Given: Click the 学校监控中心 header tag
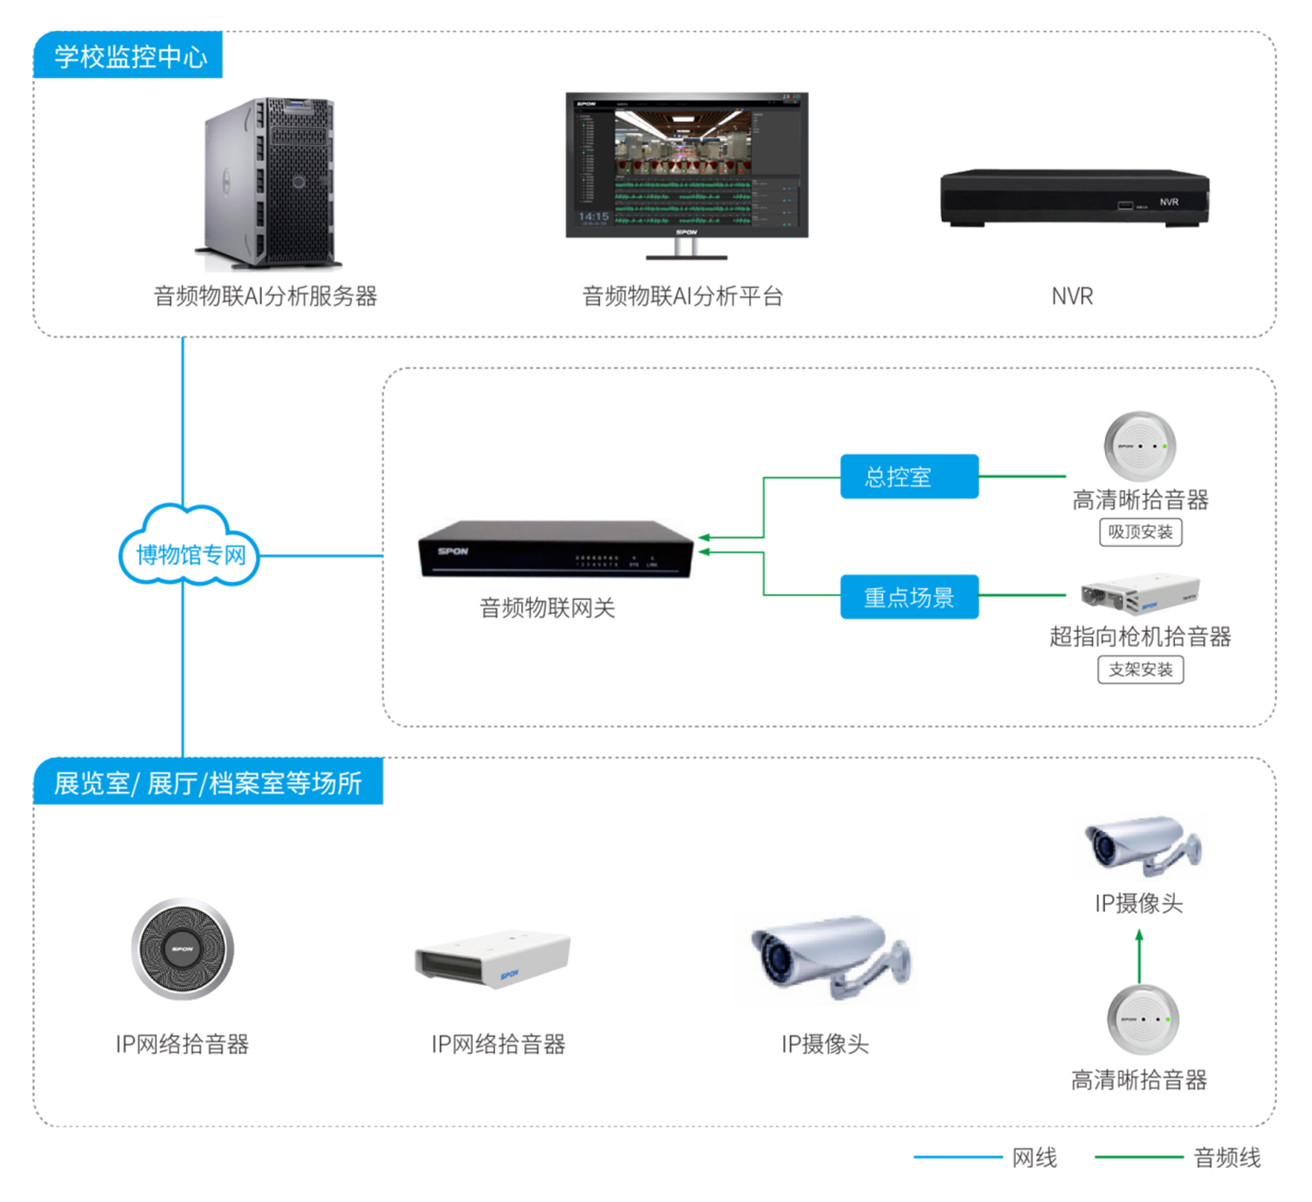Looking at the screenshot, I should point(128,55).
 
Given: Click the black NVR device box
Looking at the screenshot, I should point(1074,198).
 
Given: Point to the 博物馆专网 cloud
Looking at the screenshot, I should point(189,551).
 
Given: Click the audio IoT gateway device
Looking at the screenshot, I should point(554,549).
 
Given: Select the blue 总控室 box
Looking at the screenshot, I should point(909,476).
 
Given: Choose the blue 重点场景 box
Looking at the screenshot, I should point(909,597).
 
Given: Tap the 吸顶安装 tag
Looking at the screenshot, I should point(1140,532).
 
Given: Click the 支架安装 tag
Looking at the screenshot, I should point(1140,670).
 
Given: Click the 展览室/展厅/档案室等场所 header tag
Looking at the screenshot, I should point(208,782).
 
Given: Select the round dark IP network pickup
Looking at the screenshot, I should point(183,949).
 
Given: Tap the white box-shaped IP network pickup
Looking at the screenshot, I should point(493,958).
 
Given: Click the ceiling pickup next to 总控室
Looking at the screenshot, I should point(1140,446).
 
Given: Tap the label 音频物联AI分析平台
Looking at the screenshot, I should point(682,296).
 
